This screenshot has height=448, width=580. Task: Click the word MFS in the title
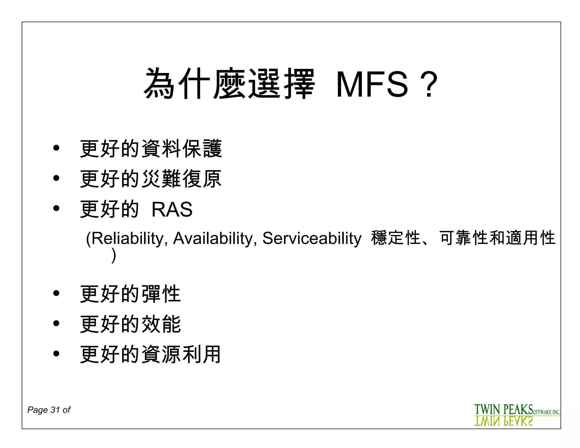click(372, 84)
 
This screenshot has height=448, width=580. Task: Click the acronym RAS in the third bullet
click(172, 210)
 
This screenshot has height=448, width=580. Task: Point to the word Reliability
click(127, 238)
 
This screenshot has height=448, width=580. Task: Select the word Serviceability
click(312, 238)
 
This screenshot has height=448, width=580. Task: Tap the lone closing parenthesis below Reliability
click(114, 255)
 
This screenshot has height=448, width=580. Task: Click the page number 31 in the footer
click(55, 410)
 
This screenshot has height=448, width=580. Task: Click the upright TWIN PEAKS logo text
click(504, 409)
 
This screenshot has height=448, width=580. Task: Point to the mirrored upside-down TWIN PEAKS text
click(504, 421)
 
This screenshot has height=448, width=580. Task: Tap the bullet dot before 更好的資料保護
click(56, 148)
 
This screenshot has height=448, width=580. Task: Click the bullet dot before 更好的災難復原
click(56, 178)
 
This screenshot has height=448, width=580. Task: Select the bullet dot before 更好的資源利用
click(56, 353)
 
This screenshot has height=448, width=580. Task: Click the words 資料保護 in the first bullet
click(182, 148)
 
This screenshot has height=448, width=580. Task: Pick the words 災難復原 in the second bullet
click(181, 179)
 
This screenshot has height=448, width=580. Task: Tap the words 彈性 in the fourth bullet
click(161, 294)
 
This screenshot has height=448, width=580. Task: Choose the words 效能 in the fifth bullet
click(161, 324)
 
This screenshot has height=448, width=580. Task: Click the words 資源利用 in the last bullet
click(181, 354)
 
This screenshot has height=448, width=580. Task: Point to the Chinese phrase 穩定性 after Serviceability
click(396, 238)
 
